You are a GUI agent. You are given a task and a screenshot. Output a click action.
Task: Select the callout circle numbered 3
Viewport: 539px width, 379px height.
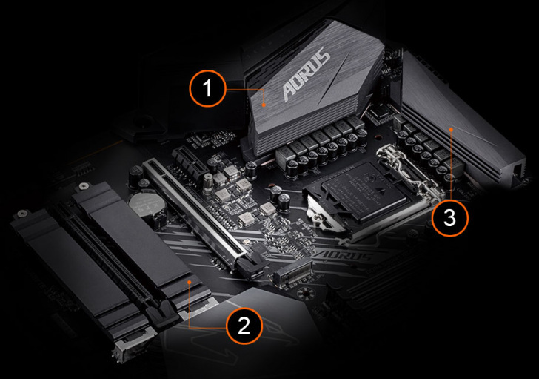click(x=450, y=217)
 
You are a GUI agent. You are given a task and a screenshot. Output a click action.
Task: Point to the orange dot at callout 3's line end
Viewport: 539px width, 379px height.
click(x=451, y=129)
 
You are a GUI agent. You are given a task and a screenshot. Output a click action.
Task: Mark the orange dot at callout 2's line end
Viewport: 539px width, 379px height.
click(x=190, y=282)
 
